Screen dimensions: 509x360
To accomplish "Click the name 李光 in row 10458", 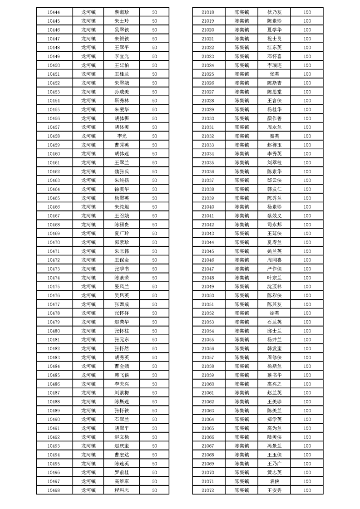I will point(122,136).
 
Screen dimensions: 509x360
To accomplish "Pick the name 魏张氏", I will point(122,171).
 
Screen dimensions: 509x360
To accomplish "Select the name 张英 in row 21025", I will point(275,74).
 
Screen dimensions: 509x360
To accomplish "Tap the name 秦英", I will point(275,136).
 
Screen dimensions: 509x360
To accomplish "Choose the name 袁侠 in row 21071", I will point(275,481).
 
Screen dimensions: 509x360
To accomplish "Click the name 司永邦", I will point(275,225).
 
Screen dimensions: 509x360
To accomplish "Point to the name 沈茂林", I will point(275,287).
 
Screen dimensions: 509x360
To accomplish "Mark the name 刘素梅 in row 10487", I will point(122,393).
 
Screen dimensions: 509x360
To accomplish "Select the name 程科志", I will point(122,490).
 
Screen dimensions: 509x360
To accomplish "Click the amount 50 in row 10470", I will point(154,242).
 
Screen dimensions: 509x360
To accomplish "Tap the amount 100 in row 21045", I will point(307,251).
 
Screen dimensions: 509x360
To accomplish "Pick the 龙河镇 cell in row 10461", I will point(89,162).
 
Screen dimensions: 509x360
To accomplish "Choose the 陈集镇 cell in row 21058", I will point(242,366).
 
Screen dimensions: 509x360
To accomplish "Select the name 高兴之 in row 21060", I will point(275,384).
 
